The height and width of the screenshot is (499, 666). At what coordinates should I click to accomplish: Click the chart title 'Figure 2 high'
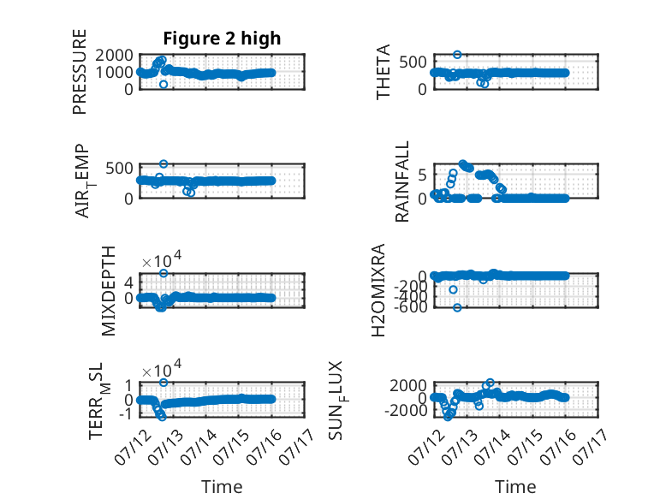222,39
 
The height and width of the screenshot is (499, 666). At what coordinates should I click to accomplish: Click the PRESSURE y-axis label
80,72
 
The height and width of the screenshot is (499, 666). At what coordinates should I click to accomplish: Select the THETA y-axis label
384,72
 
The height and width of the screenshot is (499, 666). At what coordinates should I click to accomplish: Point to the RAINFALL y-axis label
401,181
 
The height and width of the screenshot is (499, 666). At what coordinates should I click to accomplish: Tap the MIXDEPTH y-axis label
109,291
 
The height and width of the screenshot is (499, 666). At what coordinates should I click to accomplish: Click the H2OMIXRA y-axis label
378,290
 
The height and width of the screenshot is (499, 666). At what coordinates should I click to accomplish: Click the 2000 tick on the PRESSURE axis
114,56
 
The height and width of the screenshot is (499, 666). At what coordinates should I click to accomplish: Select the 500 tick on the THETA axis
413,62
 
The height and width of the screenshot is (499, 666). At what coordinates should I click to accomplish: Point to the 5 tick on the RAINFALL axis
422,174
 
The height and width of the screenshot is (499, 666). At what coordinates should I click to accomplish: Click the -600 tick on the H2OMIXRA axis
410,306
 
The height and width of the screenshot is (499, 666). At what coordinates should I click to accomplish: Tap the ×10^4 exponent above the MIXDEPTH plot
162,259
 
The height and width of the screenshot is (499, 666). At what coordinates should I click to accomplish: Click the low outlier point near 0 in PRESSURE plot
164,85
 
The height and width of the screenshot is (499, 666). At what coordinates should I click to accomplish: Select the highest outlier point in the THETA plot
457,55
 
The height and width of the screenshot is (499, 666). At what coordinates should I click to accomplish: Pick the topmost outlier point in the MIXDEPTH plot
164,273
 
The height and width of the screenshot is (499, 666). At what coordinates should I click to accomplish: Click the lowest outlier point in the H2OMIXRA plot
457,307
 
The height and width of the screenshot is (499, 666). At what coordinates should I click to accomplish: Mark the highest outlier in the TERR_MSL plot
164,383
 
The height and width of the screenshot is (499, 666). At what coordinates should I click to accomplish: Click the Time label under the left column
222,486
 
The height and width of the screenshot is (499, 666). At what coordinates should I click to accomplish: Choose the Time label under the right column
515,486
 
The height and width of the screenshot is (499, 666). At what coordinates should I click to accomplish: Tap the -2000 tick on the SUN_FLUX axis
406,410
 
